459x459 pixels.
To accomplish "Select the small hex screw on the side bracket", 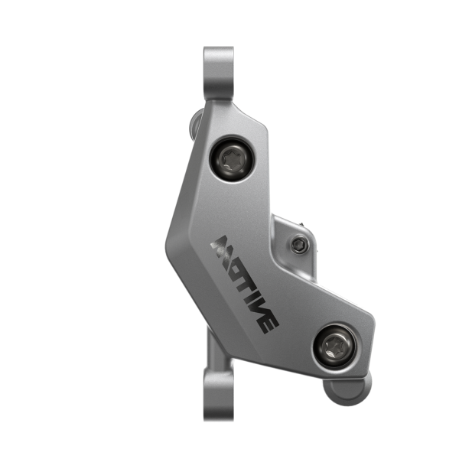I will coord(299,245).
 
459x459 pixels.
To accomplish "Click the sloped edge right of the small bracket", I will coord(337,295).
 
